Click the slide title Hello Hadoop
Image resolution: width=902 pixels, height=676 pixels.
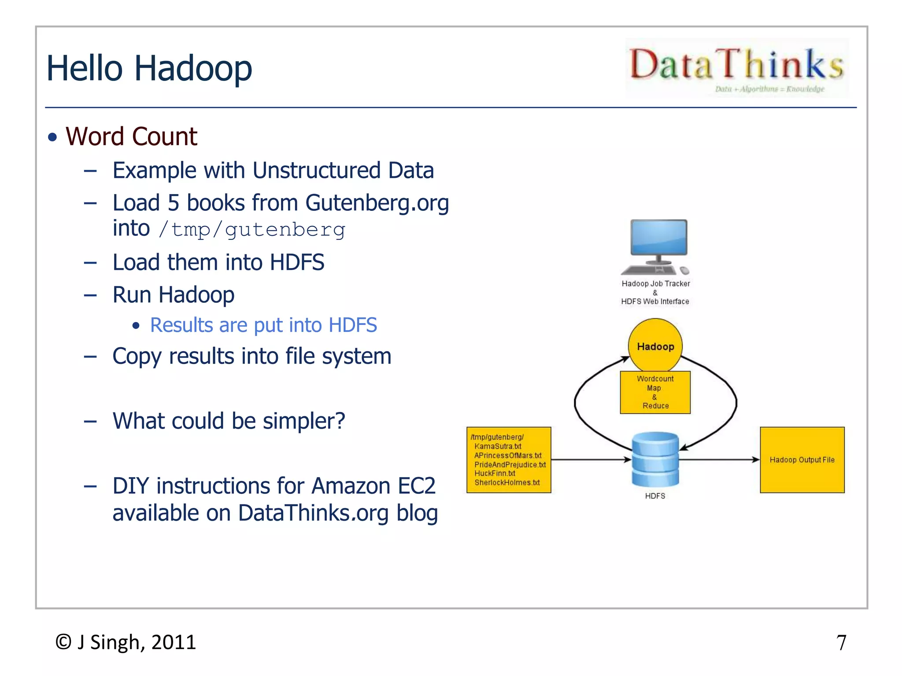click(x=149, y=68)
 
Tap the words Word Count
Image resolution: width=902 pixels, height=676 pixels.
click(x=131, y=136)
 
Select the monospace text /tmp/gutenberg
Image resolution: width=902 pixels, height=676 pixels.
click(x=252, y=230)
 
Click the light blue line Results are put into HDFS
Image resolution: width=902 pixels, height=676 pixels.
click(x=263, y=325)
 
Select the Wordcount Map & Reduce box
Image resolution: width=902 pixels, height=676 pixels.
click(x=655, y=392)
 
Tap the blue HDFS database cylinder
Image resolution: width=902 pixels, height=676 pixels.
click(x=655, y=459)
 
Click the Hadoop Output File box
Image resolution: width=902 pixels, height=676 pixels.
click(x=802, y=459)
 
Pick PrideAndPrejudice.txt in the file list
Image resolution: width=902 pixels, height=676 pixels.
click(x=510, y=464)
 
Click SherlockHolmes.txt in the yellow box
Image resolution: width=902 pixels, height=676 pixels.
click(x=507, y=482)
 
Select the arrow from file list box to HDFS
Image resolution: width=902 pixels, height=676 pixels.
click(x=590, y=459)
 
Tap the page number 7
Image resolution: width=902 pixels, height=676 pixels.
click(x=841, y=643)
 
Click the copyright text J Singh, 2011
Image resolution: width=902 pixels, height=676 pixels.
click(x=126, y=642)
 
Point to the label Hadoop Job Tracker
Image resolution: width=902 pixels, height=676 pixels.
click(x=655, y=284)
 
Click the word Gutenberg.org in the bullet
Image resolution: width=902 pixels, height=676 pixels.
click(x=377, y=203)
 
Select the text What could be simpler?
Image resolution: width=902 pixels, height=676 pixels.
click(x=229, y=421)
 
